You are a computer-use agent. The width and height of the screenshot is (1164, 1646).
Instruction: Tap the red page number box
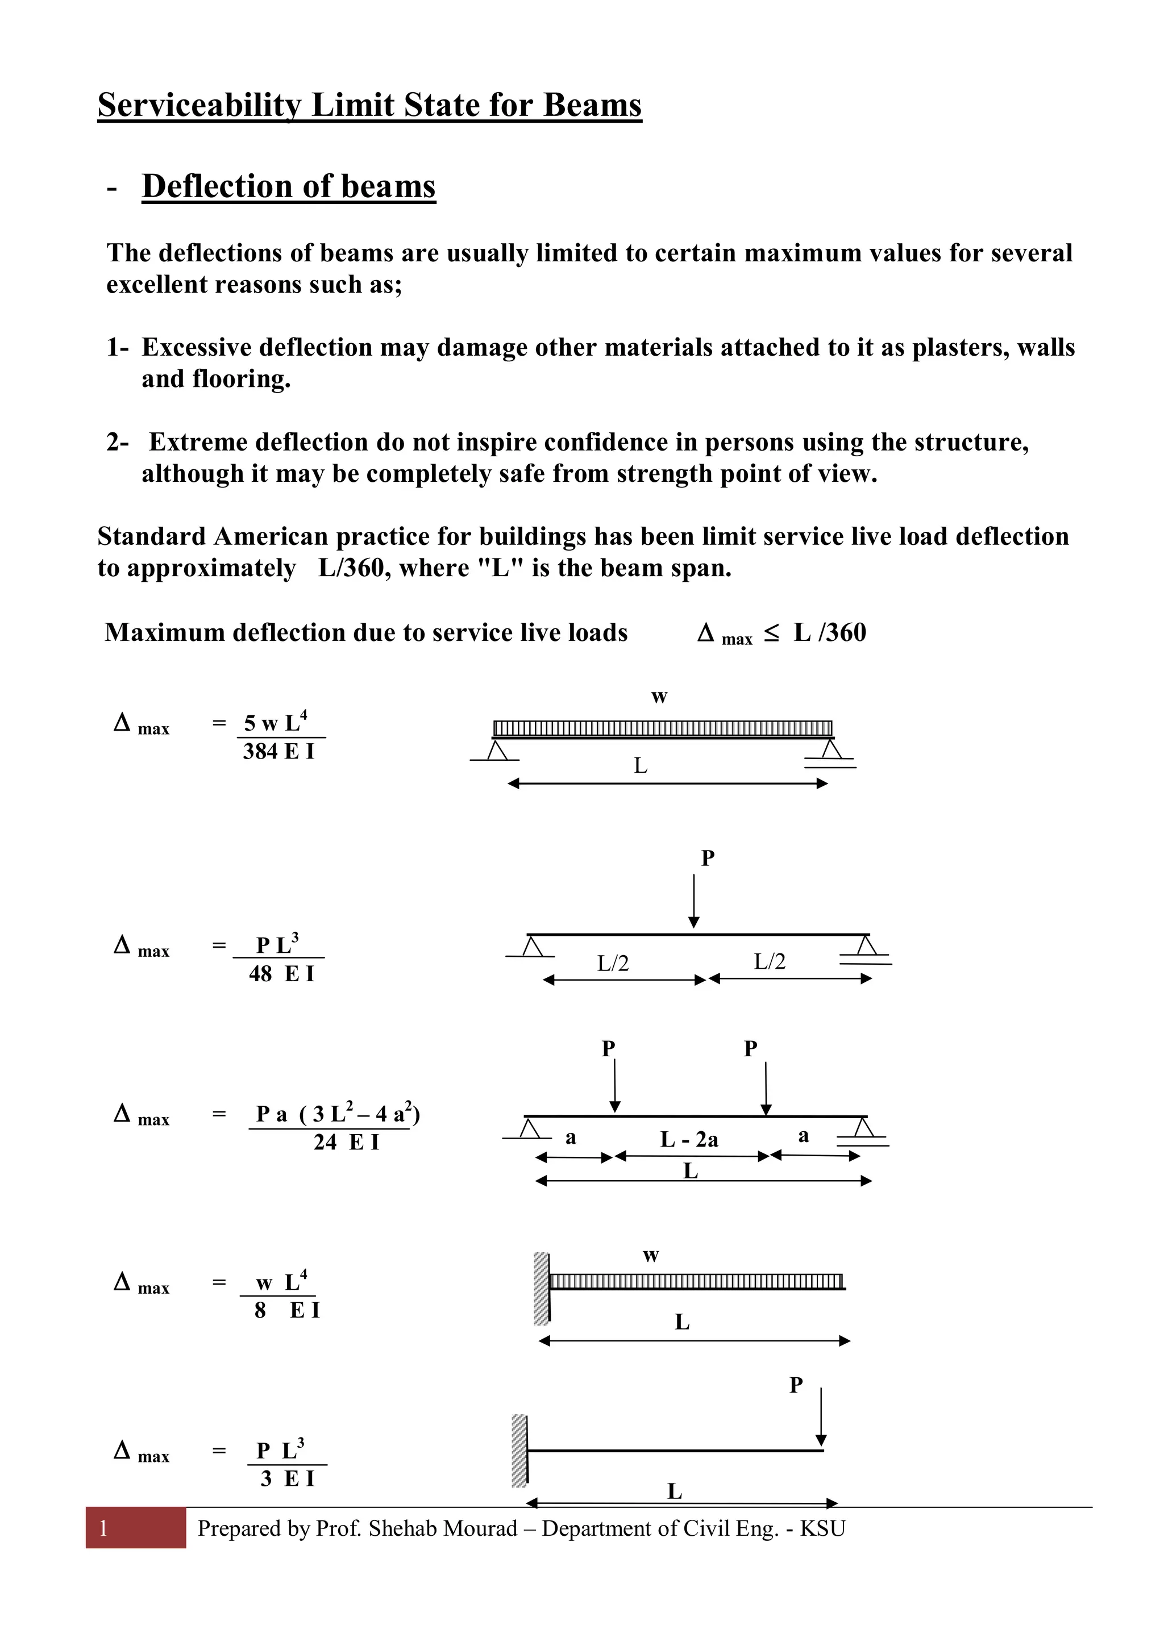135,1528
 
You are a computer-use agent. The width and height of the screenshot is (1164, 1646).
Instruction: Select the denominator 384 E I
278,752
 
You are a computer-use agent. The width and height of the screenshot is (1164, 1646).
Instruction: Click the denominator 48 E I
281,974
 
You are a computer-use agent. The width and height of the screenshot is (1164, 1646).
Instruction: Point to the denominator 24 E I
346,1142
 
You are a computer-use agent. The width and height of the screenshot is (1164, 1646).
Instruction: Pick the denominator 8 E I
286,1310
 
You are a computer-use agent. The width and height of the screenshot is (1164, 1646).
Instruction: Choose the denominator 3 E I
287,1479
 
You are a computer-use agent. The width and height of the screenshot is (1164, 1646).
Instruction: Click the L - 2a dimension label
688,1139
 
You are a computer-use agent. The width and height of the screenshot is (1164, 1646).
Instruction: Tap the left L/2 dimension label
613,964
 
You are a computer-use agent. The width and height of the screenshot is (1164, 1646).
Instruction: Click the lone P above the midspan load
707,858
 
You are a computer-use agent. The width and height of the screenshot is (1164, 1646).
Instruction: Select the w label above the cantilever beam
651,1256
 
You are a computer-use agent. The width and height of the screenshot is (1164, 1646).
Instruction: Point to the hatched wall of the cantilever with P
519,1451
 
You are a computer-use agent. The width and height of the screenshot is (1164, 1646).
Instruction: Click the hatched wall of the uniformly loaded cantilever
542,1288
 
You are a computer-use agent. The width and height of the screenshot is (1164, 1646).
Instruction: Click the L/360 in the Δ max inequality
830,633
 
